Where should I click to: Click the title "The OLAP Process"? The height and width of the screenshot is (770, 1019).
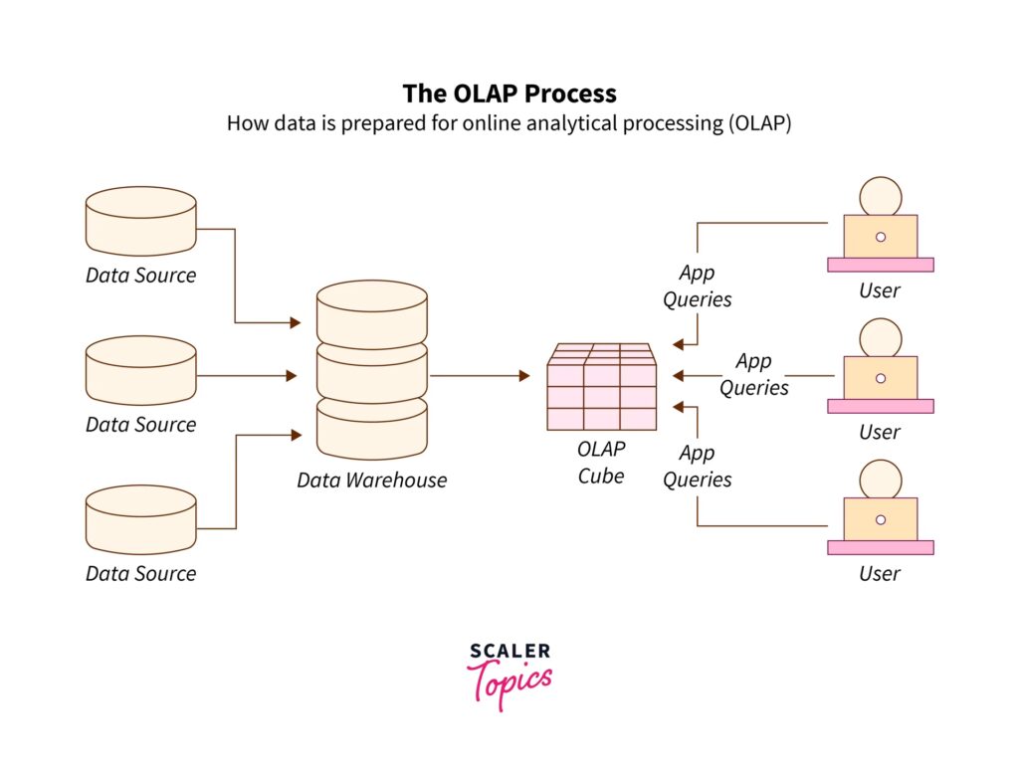coord(509,94)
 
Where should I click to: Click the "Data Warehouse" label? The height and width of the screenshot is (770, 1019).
coord(371,481)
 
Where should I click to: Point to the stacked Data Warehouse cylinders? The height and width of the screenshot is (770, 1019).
coord(371,368)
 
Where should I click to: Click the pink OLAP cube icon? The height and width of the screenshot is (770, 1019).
coord(601,388)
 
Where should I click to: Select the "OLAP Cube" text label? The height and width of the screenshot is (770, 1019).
coord(601,463)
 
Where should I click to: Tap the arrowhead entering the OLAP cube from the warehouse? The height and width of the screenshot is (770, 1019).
coord(524,376)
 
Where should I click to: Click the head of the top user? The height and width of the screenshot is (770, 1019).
coord(881,197)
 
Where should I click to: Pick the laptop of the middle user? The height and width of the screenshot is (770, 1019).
coord(881,377)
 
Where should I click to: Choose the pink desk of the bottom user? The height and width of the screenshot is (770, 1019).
coord(881,547)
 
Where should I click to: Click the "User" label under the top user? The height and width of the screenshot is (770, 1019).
coord(880,290)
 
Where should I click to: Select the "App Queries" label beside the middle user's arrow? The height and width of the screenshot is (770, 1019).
coord(754,374)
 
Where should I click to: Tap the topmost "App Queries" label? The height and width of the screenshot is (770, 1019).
coord(697,286)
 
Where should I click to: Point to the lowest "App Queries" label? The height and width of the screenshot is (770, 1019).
coord(697,467)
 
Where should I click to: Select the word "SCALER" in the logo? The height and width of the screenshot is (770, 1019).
coord(509,652)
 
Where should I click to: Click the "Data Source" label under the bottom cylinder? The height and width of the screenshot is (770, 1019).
coord(140,573)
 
